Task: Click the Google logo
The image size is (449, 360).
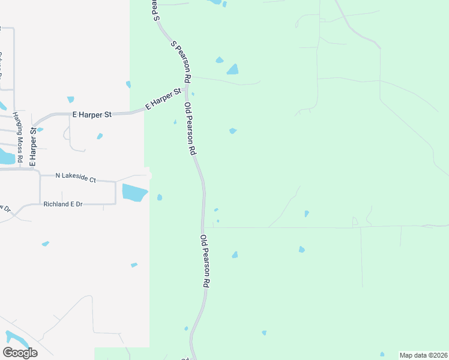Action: [20, 353]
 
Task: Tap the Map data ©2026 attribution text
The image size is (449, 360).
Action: [423, 355]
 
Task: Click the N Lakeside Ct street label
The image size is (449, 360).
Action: [76, 177]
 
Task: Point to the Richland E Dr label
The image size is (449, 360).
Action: [62, 205]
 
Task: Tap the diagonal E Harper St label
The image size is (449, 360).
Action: [163, 100]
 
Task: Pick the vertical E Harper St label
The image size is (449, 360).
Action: [33, 146]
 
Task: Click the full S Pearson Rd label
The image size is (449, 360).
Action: [181, 61]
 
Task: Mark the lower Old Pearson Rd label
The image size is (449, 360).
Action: [205, 261]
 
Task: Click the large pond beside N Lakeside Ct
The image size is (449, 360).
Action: [134, 193]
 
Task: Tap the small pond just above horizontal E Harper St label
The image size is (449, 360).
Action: [71, 100]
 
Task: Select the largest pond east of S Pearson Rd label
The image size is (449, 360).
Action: [232, 70]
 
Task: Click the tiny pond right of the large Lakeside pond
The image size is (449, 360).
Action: [159, 197]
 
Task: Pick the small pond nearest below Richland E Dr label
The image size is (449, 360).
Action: [46, 244]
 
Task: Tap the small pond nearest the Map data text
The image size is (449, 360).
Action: [382, 354]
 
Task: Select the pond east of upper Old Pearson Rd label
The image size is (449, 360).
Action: [232, 131]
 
